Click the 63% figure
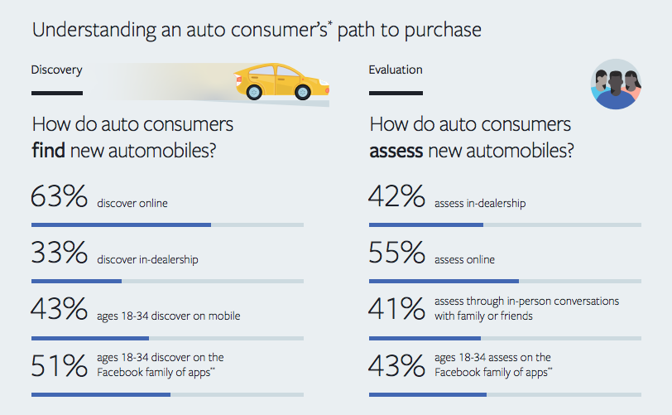59,199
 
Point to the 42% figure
397,199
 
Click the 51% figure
59,365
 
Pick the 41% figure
397,310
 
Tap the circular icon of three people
617,84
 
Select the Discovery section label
56,70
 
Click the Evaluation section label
396,70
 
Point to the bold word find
49,152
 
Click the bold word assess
396,152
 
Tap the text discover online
132,204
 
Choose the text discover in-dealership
147,259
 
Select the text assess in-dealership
480,204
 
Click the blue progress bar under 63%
121,224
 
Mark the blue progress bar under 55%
444,281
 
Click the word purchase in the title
439,31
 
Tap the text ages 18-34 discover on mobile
169,315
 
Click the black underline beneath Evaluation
396,93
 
